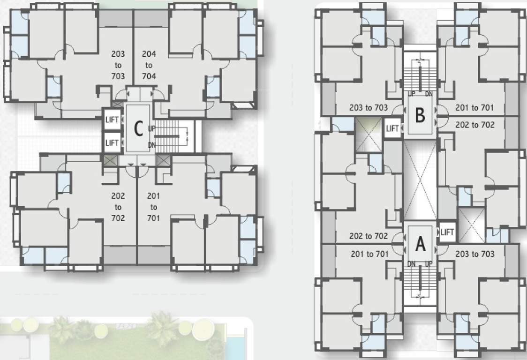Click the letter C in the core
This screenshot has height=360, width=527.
click(x=138, y=129)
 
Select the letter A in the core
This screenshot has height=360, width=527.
click(x=421, y=244)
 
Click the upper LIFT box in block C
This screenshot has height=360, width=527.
click(x=112, y=120)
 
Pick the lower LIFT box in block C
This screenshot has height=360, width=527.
click(x=112, y=142)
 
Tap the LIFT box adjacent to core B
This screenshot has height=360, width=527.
click(x=392, y=128)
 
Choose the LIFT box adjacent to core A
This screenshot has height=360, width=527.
click(x=447, y=232)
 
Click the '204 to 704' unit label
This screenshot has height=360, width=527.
click(x=149, y=65)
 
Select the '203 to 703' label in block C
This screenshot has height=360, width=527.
click(x=118, y=65)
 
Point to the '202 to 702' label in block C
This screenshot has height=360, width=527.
click(x=118, y=207)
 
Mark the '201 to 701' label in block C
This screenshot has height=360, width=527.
click(x=153, y=207)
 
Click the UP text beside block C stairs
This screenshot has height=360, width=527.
click(x=151, y=128)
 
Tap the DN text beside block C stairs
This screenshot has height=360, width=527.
click(x=151, y=145)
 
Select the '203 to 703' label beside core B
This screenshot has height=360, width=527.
click(x=369, y=108)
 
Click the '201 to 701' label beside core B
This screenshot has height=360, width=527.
click(x=474, y=108)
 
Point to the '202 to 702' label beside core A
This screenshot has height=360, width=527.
click(x=369, y=236)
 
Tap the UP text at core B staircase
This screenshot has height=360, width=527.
click(x=412, y=94)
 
